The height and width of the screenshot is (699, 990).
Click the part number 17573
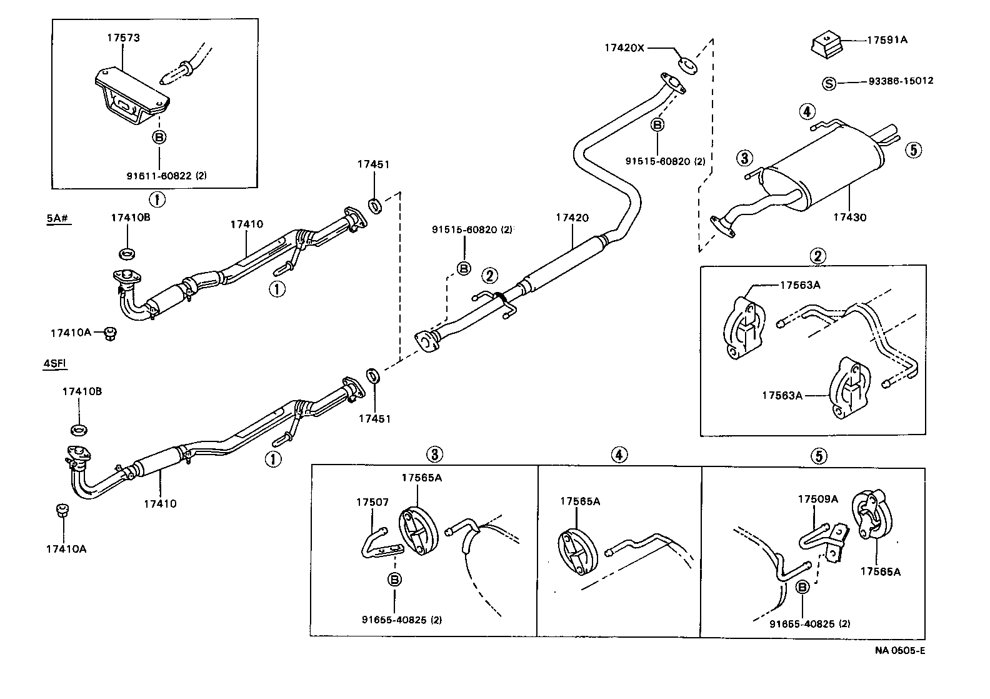pyautogui.click(x=122, y=38)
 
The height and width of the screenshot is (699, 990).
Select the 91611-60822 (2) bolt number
pyautogui.click(x=166, y=176)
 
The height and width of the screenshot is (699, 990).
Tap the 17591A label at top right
pyautogui.click(x=887, y=40)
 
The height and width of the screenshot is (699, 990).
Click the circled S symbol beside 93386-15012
pyautogui.click(x=829, y=83)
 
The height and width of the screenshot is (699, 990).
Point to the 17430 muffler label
pyautogui.click(x=849, y=217)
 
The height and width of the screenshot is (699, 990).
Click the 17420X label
pyautogui.click(x=624, y=47)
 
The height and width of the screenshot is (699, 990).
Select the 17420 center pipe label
pyautogui.click(x=572, y=218)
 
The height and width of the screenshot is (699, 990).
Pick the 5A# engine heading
pyautogui.click(x=57, y=218)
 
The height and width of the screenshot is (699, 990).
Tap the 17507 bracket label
pyautogui.click(x=372, y=501)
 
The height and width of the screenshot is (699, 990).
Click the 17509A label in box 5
pyautogui.click(x=817, y=499)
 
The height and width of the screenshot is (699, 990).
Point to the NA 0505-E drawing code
pyautogui.click(x=899, y=650)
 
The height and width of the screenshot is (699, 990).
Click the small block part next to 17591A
pyautogui.click(x=826, y=46)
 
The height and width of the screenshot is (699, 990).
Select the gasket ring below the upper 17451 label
pyautogui.click(x=375, y=205)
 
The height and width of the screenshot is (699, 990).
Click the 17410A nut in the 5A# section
pyautogui.click(x=110, y=333)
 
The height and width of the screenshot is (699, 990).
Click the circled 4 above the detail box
pyautogui.click(x=619, y=455)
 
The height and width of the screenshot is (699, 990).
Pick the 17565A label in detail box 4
pyautogui.click(x=579, y=501)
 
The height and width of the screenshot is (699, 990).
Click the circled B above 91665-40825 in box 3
pyautogui.click(x=394, y=579)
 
